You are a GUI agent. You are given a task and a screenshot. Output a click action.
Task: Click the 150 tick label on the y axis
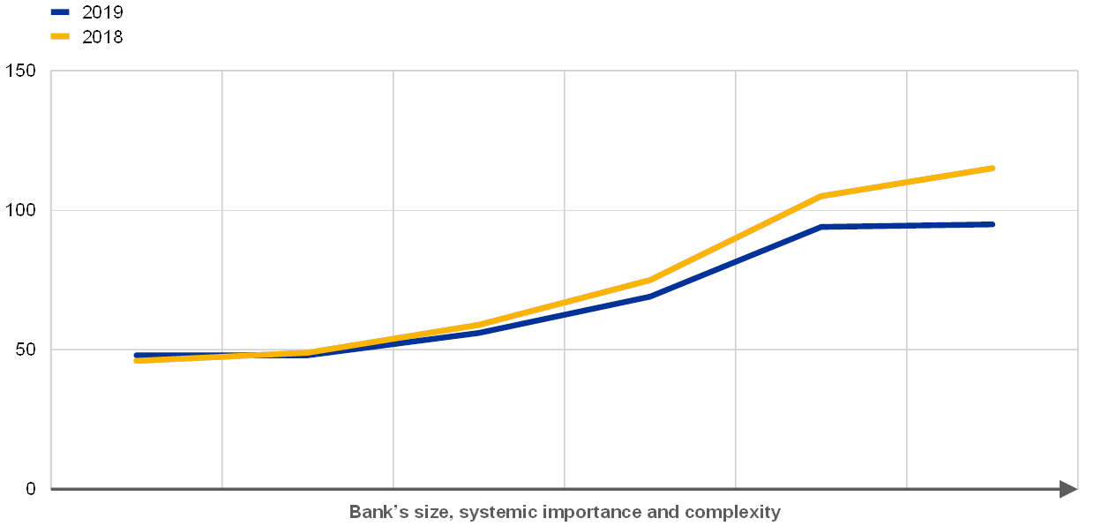click(22, 71)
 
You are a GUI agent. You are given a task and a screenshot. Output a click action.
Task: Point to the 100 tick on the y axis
click(22, 210)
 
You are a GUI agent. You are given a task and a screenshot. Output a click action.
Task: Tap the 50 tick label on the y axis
click(26, 349)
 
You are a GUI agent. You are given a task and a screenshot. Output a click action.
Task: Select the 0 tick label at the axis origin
click(31, 489)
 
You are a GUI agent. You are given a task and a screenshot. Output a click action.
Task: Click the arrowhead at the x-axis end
click(1068, 489)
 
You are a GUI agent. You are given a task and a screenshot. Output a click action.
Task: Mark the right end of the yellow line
click(993, 168)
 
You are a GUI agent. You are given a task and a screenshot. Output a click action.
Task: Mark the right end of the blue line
click(993, 224)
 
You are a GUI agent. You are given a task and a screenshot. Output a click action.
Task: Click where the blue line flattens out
click(821, 227)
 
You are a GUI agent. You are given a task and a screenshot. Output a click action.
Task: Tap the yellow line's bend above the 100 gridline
click(821, 195)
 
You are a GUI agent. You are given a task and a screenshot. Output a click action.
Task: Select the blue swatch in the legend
click(60, 12)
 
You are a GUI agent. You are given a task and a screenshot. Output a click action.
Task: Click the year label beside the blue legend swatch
click(102, 12)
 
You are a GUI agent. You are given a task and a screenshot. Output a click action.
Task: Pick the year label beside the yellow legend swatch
click(102, 37)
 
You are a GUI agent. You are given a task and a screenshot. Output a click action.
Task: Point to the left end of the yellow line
click(136, 360)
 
